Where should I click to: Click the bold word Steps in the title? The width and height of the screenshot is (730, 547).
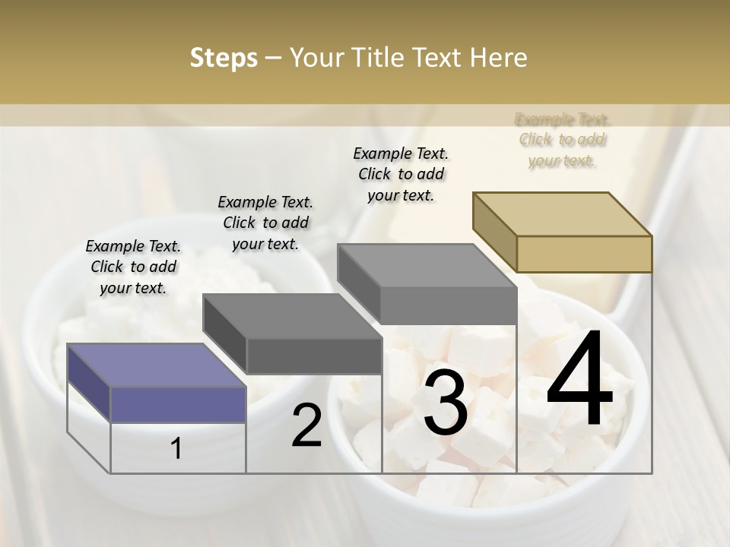tap(223, 58)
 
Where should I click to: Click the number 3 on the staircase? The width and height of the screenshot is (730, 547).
tap(446, 403)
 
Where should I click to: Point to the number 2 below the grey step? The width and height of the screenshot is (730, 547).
tap(306, 425)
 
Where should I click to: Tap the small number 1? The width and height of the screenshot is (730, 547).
tap(176, 449)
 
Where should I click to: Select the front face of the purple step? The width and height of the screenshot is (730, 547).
tap(179, 404)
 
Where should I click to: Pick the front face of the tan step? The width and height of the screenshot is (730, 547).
tap(584, 254)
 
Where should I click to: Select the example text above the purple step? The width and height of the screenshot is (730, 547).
tap(133, 267)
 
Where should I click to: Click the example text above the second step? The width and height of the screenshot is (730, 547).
tap(265, 223)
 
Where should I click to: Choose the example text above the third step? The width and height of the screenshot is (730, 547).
tap(401, 174)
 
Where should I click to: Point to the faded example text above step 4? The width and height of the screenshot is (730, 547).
tap(562, 140)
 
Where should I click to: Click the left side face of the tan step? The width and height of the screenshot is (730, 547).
tap(494, 232)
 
